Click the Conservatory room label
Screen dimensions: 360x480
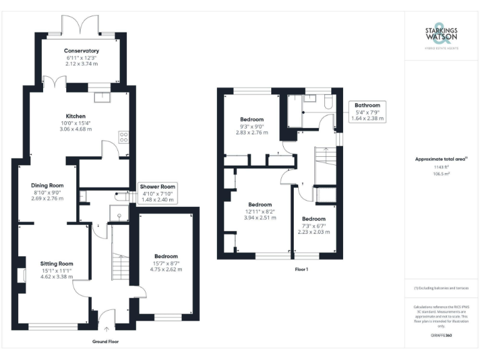(81, 51)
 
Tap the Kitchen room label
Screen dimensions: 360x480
(76, 116)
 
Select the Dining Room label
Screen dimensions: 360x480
(48, 185)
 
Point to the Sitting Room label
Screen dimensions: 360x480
(56, 263)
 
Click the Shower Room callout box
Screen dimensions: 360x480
(157, 193)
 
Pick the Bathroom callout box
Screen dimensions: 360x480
(367, 111)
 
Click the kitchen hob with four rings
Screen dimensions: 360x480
(123, 136)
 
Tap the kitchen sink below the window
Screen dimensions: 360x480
(100, 97)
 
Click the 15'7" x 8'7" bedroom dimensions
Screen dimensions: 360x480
(166, 266)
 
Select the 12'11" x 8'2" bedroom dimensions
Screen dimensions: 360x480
(260, 214)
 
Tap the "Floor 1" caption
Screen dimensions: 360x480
(302, 269)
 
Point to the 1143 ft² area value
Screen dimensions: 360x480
(441, 167)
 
